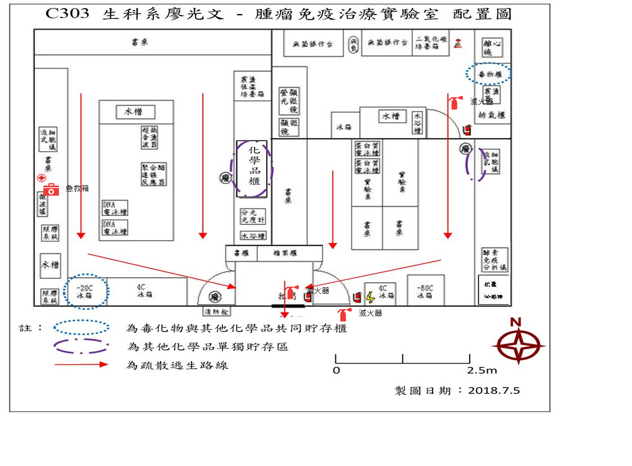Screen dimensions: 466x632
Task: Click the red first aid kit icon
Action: [x=51, y=189]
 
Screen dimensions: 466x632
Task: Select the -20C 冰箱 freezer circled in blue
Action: [x=84, y=291]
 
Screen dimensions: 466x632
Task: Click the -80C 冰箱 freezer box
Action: [x=425, y=291]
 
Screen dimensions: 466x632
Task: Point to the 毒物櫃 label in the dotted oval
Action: [x=488, y=74]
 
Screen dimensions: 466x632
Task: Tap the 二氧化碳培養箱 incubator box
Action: [x=432, y=43]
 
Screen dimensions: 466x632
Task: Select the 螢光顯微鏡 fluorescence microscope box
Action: [x=289, y=101]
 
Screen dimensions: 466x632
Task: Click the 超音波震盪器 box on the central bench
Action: [x=149, y=137]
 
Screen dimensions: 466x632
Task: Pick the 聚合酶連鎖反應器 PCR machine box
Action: [x=153, y=175]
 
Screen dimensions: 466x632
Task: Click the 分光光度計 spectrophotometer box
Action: [x=252, y=217]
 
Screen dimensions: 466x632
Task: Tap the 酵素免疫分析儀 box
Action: [x=495, y=259]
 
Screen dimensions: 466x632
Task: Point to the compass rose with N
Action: [x=519, y=344]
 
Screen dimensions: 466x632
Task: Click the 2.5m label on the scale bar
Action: [x=482, y=370]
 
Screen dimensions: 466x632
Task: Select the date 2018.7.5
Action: [x=494, y=390]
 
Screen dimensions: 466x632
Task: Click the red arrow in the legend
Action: [x=81, y=364]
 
